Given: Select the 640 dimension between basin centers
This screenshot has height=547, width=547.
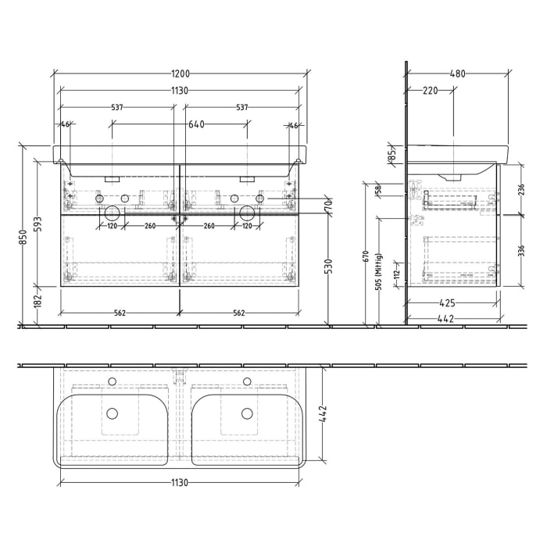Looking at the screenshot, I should pos(195,124).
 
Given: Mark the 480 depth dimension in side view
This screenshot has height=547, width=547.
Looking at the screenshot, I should pos(457,74).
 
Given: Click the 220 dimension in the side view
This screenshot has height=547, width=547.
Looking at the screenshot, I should pos(429,91).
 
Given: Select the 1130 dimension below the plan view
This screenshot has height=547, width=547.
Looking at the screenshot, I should pos(180,483).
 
